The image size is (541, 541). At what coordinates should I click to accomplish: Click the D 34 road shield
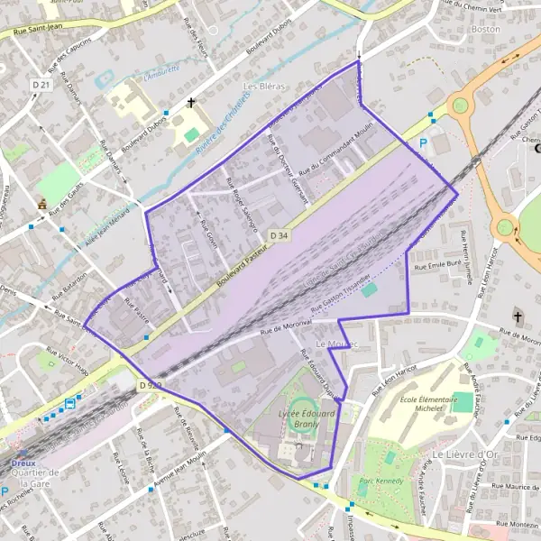coord(280,235)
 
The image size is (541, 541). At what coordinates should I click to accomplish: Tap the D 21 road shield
coord(41,84)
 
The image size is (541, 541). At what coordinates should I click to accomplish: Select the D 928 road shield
coord(151,385)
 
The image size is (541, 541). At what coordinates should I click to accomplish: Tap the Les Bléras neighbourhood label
coord(264,86)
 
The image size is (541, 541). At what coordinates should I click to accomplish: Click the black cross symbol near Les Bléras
coord(190,103)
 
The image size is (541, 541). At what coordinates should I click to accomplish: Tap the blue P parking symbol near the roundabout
coord(422,143)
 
